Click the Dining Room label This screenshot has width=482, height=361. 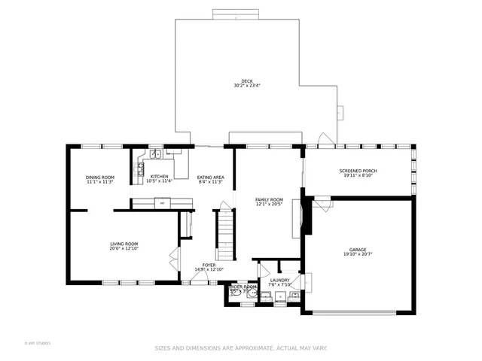pos(99,177)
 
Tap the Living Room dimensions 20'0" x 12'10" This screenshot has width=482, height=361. pos(124,248)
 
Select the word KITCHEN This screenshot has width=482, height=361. pos(159,177)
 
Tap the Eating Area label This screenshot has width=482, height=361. pos(211,177)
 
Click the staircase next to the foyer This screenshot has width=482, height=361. pos(226,233)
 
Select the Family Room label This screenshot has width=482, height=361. pos(269,199)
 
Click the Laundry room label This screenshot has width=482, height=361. pos(279,281)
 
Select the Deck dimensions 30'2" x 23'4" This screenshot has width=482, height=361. pos(246,86)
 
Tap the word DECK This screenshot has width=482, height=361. pos(246,81)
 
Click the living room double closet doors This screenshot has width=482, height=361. pos(174,257)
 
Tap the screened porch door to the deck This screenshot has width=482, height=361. pos(324,141)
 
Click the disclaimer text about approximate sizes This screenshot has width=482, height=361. pos(241,347)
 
